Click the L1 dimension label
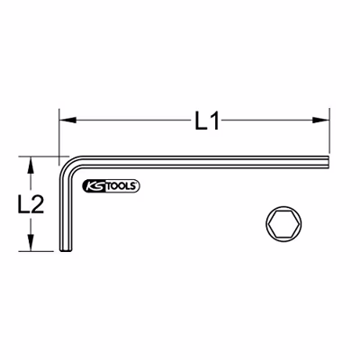coord(207,121)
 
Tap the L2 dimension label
coord(31,204)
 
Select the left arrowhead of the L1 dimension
coord(67,121)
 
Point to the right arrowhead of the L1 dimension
coord(321,121)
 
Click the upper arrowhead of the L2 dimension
coord(31,165)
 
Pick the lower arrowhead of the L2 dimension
coord(31,242)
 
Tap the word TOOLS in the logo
coord(121,186)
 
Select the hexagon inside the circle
coord(283,224)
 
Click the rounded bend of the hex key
coord(68,166)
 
